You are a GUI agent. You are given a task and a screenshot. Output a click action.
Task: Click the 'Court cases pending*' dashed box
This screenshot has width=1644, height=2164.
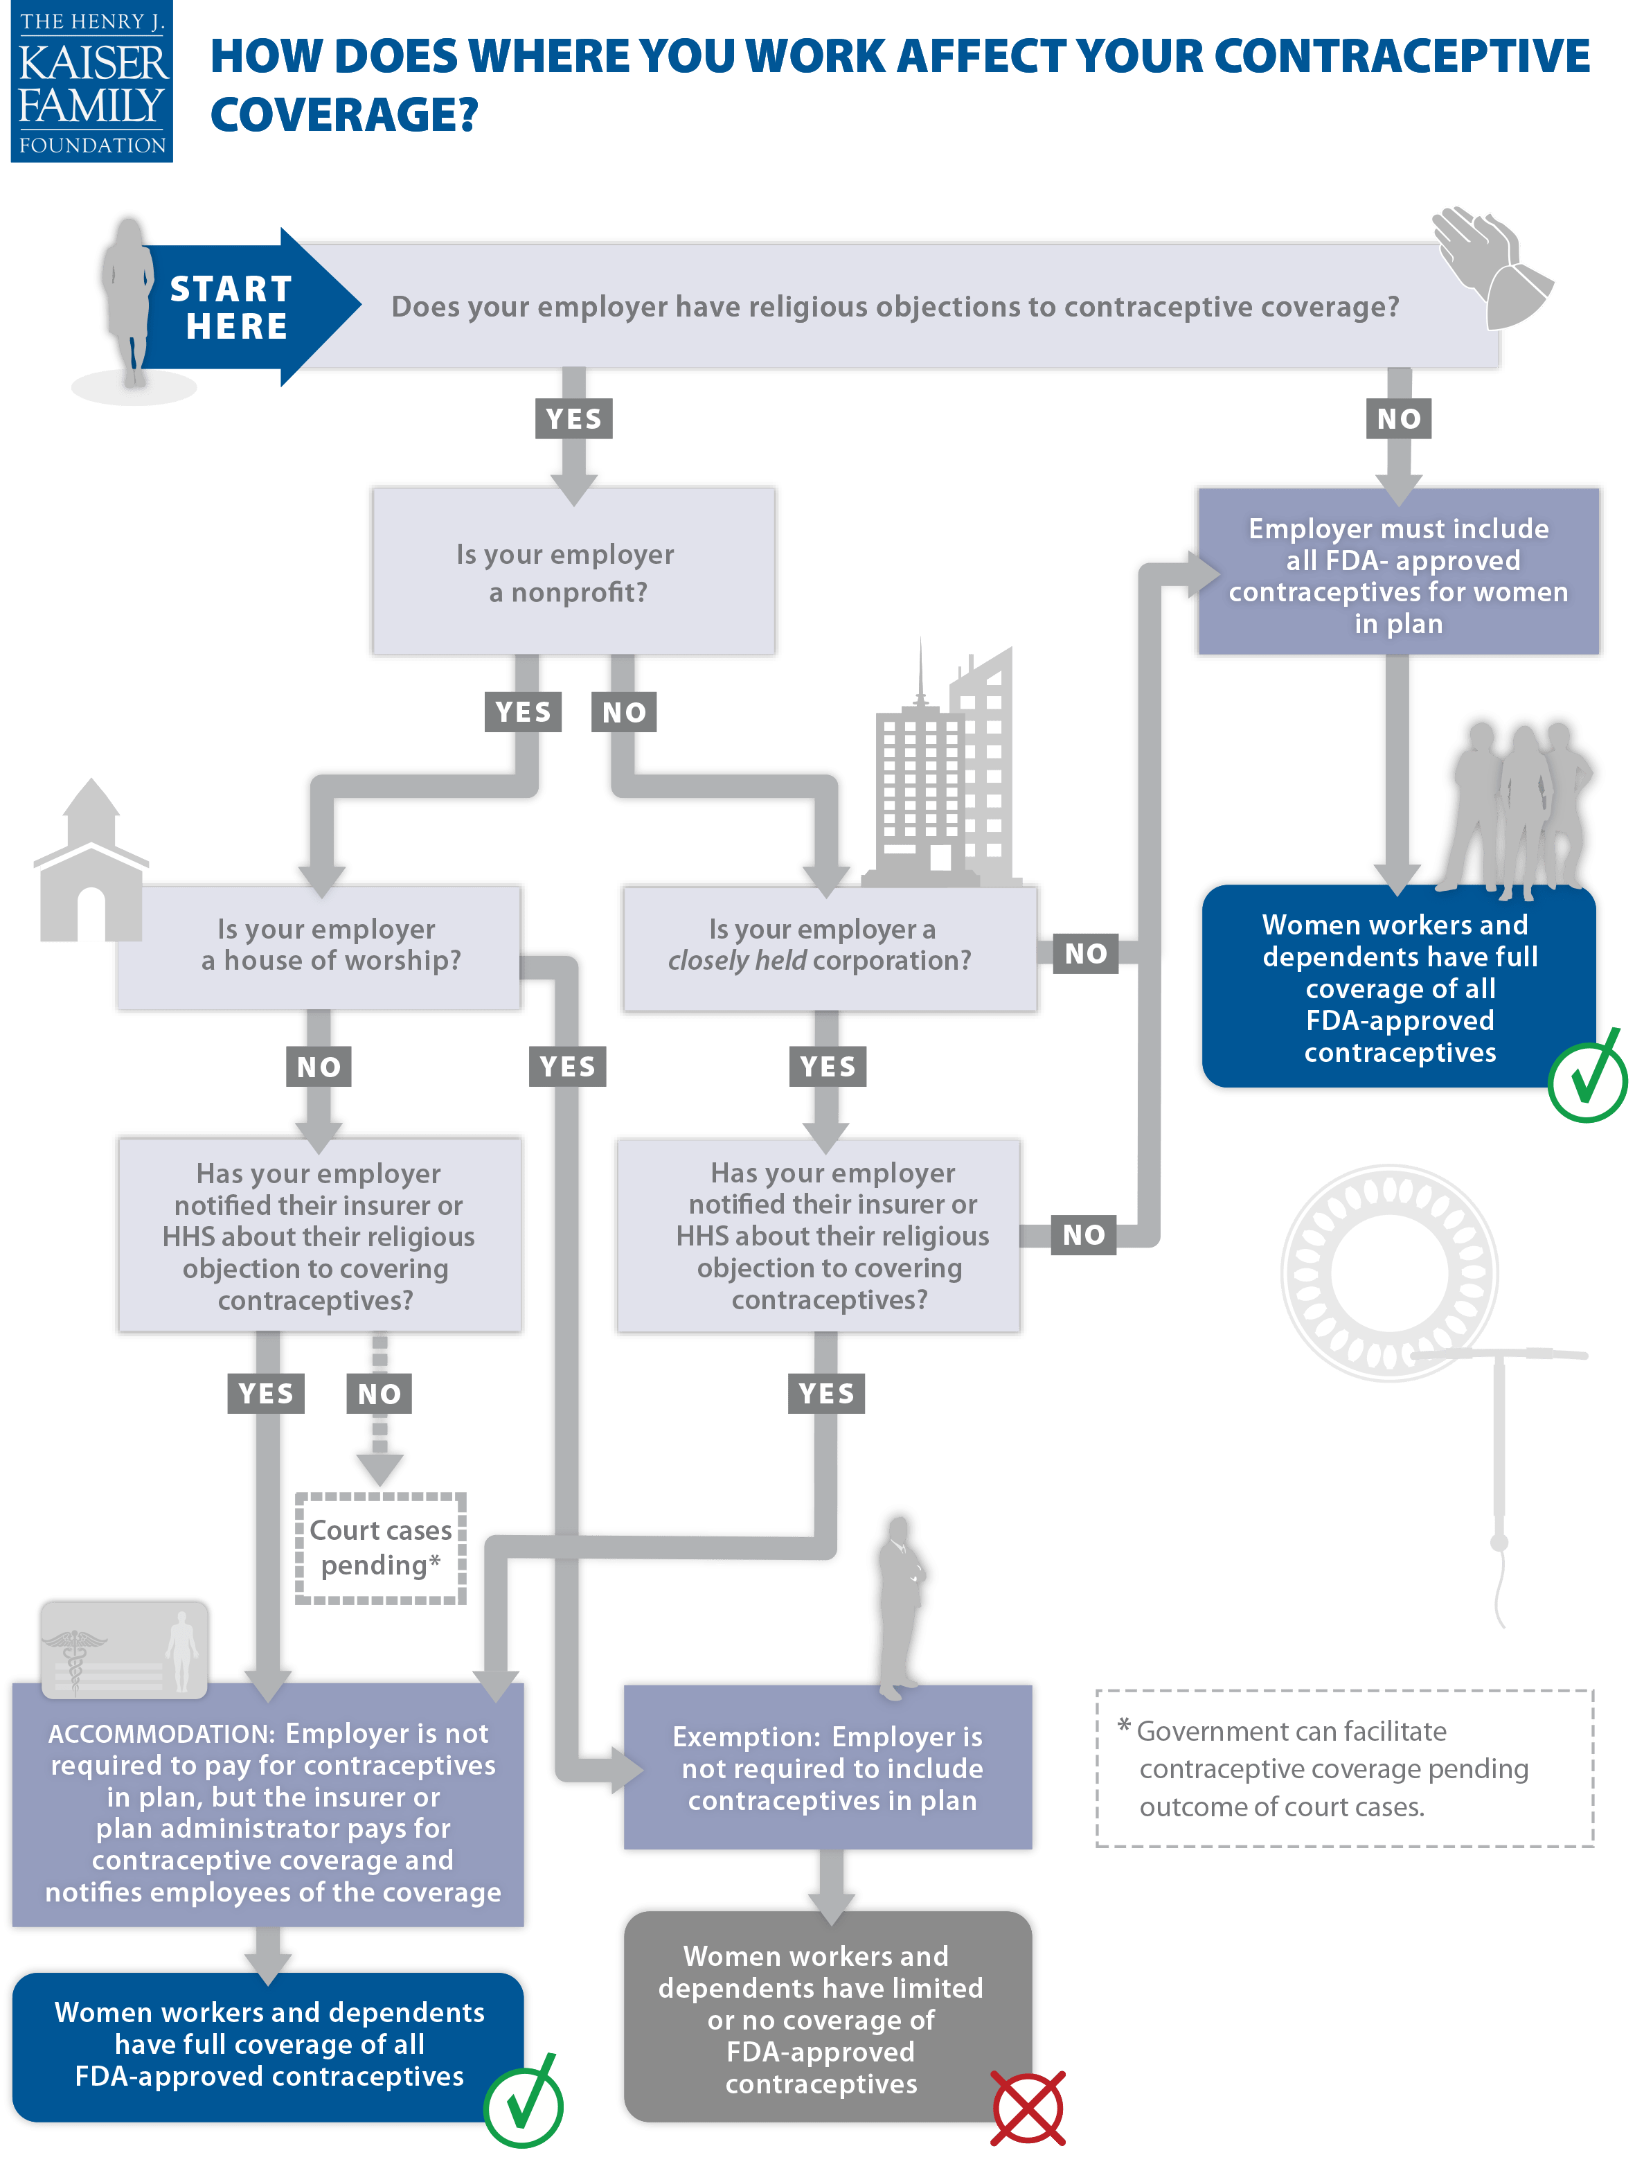coord(381,1547)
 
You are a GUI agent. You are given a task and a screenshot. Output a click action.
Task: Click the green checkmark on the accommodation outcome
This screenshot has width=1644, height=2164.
coord(524,2104)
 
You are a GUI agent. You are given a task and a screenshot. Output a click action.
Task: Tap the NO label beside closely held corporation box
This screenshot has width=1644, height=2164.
coord(1085,953)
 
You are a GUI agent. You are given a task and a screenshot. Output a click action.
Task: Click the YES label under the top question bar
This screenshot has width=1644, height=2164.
coord(573,419)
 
